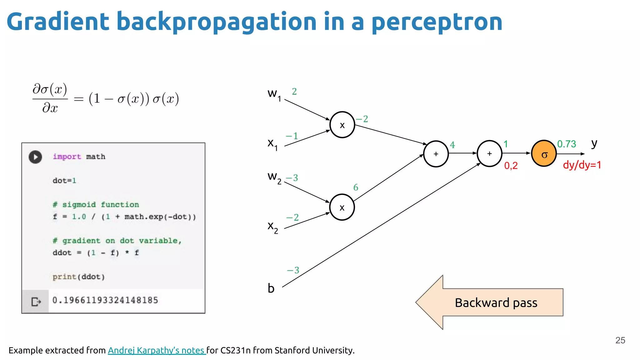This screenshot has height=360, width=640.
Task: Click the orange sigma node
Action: (x=544, y=153)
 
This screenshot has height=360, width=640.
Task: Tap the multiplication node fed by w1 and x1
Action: (x=342, y=125)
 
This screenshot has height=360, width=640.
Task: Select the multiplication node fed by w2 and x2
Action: (x=342, y=207)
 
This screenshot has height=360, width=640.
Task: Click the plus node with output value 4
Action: (x=436, y=154)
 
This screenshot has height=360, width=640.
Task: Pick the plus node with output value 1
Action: (x=489, y=153)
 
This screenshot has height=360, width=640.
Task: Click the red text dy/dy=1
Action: (x=582, y=165)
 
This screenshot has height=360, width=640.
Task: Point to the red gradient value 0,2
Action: (x=511, y=165)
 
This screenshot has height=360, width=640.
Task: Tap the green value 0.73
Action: (x=567, y=144)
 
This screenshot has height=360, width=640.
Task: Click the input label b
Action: (x=271, y=288)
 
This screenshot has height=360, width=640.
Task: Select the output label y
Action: (x=594, y=143)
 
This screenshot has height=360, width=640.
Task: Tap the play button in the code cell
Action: (x=35, y=157)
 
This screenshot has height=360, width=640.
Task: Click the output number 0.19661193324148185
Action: (x=105, y=300)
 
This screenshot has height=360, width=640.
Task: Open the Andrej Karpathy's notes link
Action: (x=156, y=350)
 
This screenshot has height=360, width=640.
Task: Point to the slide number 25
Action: (x=620, y=340)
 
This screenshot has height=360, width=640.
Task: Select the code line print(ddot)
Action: (x=78, y=277)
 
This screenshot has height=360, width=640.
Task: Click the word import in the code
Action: (x=67, y=157)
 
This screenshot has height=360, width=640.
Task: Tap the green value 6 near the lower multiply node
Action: (x=356, y=187)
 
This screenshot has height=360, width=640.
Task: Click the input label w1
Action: (x=274, y=94)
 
